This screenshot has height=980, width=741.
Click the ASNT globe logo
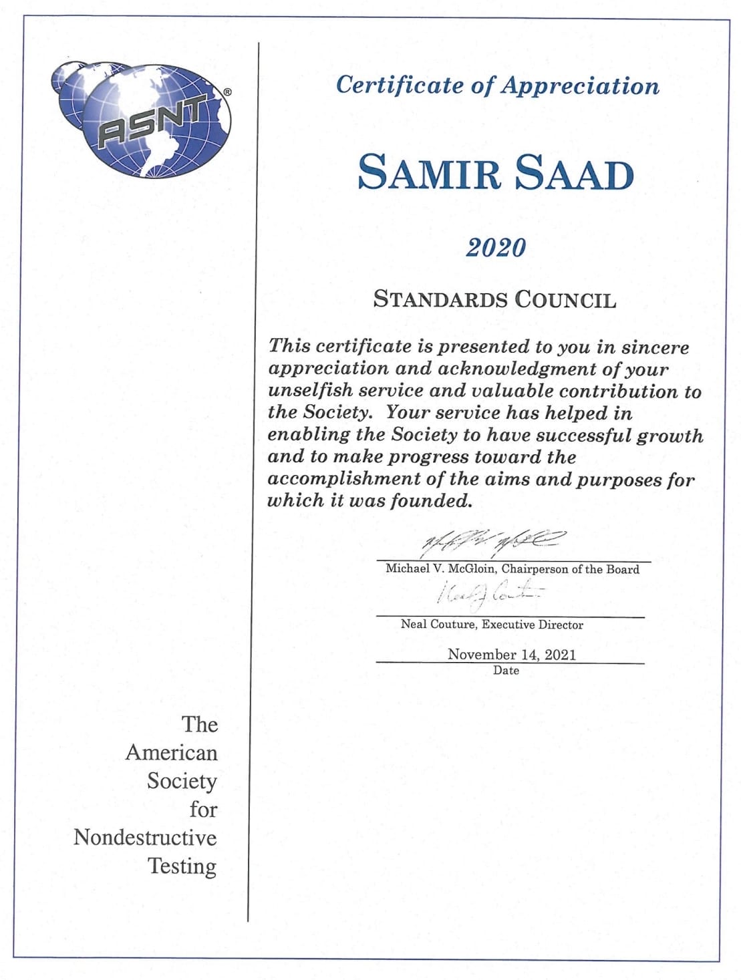tap(144, 120)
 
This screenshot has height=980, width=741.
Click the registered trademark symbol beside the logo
tap(227, 93)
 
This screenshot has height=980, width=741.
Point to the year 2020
tap(496, 247)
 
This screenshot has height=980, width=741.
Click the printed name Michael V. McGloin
tap(440, 569)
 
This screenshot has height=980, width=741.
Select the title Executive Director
tap(533, 625)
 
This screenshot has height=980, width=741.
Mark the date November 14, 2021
tap(511, 654)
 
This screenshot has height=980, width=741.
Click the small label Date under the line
tap(506, 670)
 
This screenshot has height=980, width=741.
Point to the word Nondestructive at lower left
tap(145, 837)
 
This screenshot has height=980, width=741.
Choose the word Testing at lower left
tap(182, 866)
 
